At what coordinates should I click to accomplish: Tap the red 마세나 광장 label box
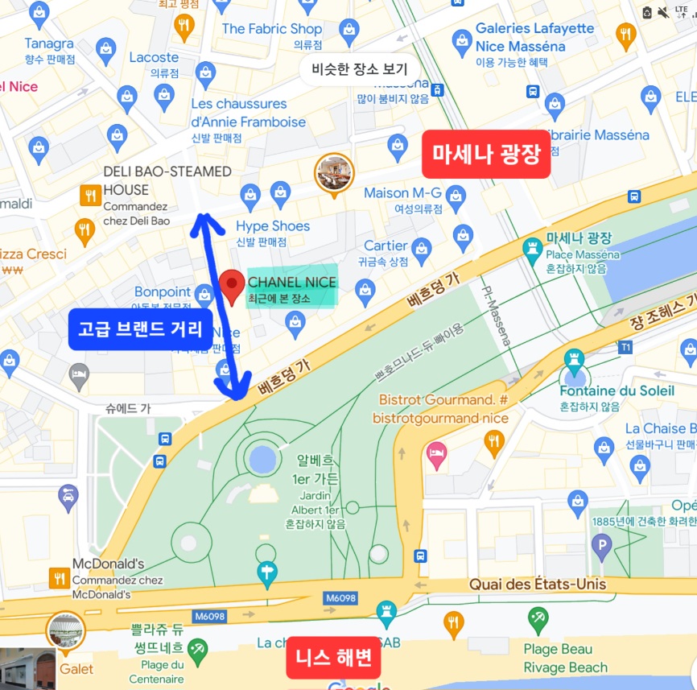[486, 154]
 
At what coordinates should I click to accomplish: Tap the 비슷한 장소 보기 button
[360, 69]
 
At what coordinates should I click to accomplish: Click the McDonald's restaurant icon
[59, 577]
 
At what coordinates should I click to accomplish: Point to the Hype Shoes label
[273, 226]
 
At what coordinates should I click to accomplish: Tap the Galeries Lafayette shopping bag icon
[462, 39]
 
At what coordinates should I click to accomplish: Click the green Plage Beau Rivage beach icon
[538, 620]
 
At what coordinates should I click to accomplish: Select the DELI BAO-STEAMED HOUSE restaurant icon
[89, 195]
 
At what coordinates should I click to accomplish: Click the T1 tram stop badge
[625, 347]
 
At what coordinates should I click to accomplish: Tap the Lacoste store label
[153, 58]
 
